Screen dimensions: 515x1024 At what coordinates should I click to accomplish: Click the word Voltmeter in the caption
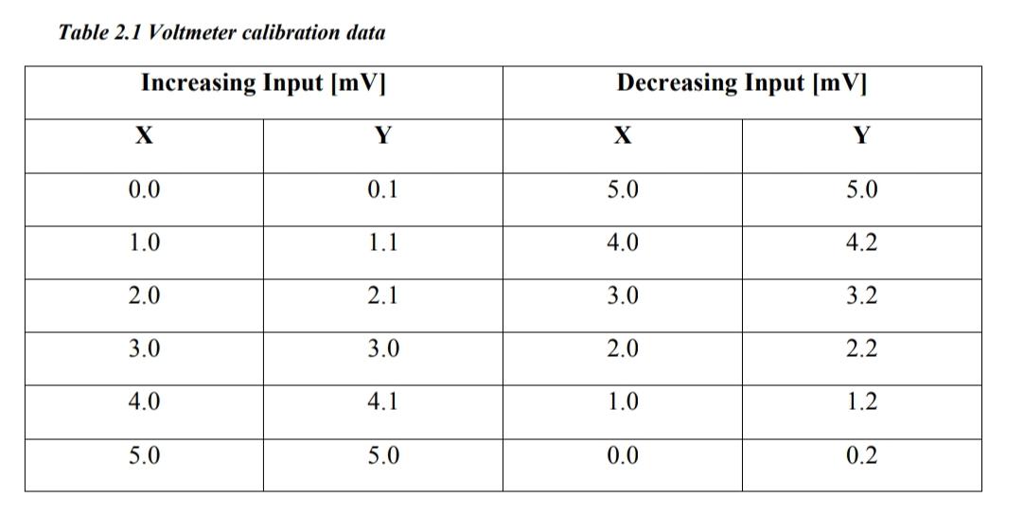[186, 32]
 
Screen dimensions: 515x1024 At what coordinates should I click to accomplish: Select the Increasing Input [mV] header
[263, 83]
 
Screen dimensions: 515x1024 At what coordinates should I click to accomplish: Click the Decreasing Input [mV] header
[742, 83]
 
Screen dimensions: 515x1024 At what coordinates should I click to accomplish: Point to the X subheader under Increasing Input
[144, 136]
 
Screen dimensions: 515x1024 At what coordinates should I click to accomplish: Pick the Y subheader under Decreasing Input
[861, 136]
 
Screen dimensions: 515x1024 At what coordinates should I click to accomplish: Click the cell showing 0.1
[382, 190]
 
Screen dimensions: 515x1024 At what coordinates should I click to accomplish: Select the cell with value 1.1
[382, 243]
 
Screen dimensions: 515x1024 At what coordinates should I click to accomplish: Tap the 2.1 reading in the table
[382, 296]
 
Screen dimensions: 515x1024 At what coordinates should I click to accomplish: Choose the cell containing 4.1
[382, 402]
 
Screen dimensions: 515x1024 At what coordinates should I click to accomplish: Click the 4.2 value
[861, 243]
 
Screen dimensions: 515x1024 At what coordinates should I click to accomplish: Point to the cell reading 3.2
[861, 296]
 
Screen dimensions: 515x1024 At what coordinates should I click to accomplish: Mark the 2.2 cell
[861, 349]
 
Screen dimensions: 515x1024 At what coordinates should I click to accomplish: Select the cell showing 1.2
[861, 402]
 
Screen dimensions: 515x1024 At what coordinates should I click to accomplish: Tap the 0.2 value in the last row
[861, 456]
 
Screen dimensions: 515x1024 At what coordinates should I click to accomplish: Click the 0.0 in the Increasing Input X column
[144, 190]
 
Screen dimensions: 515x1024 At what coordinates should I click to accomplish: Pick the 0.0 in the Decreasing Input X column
[623, 456]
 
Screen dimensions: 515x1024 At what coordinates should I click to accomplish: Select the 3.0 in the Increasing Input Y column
[382, 349]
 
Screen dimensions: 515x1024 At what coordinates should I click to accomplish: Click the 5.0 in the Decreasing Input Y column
[861, 190]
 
